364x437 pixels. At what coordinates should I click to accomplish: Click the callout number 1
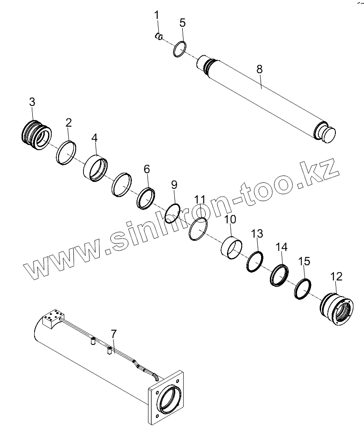pos(156,15)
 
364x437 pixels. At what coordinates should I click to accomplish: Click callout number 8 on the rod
pos(259,69)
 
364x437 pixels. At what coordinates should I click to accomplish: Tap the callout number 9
pos(174,185)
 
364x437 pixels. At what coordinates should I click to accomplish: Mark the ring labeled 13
pos(254,262)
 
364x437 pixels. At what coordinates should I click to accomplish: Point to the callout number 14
pos(281,247)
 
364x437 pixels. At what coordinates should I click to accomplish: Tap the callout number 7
pos(114,333)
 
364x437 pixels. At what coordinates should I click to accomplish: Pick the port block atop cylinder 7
pos(52,319)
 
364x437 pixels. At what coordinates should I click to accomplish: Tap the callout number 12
pos(336,276)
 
